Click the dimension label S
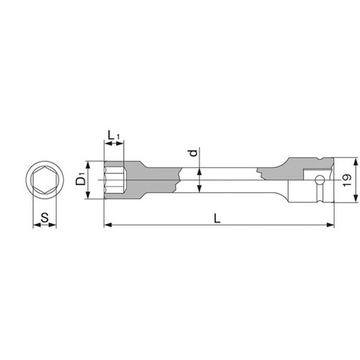point(45,218)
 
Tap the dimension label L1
point(114,135)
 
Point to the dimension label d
point(194,153)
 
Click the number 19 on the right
point(347,180)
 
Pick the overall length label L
point(217,219)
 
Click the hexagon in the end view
point(45,180)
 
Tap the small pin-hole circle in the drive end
point(320,179)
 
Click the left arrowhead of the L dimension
point(108,225)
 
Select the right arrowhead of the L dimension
point(330,225)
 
